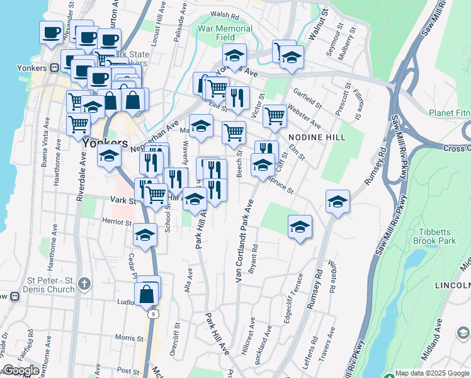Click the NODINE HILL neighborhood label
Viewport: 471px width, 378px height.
314,137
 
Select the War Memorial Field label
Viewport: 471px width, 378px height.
225,33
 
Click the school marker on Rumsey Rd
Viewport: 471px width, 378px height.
338,202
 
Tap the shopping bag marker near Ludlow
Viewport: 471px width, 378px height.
146,294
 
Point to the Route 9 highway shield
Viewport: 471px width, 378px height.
154,312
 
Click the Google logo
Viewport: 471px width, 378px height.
20,370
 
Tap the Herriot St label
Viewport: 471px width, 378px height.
118,222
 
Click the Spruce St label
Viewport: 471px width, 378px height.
281,185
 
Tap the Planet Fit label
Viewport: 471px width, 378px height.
449,113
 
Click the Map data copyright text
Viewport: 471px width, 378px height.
431,373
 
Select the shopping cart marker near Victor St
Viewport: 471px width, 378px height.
275,116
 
